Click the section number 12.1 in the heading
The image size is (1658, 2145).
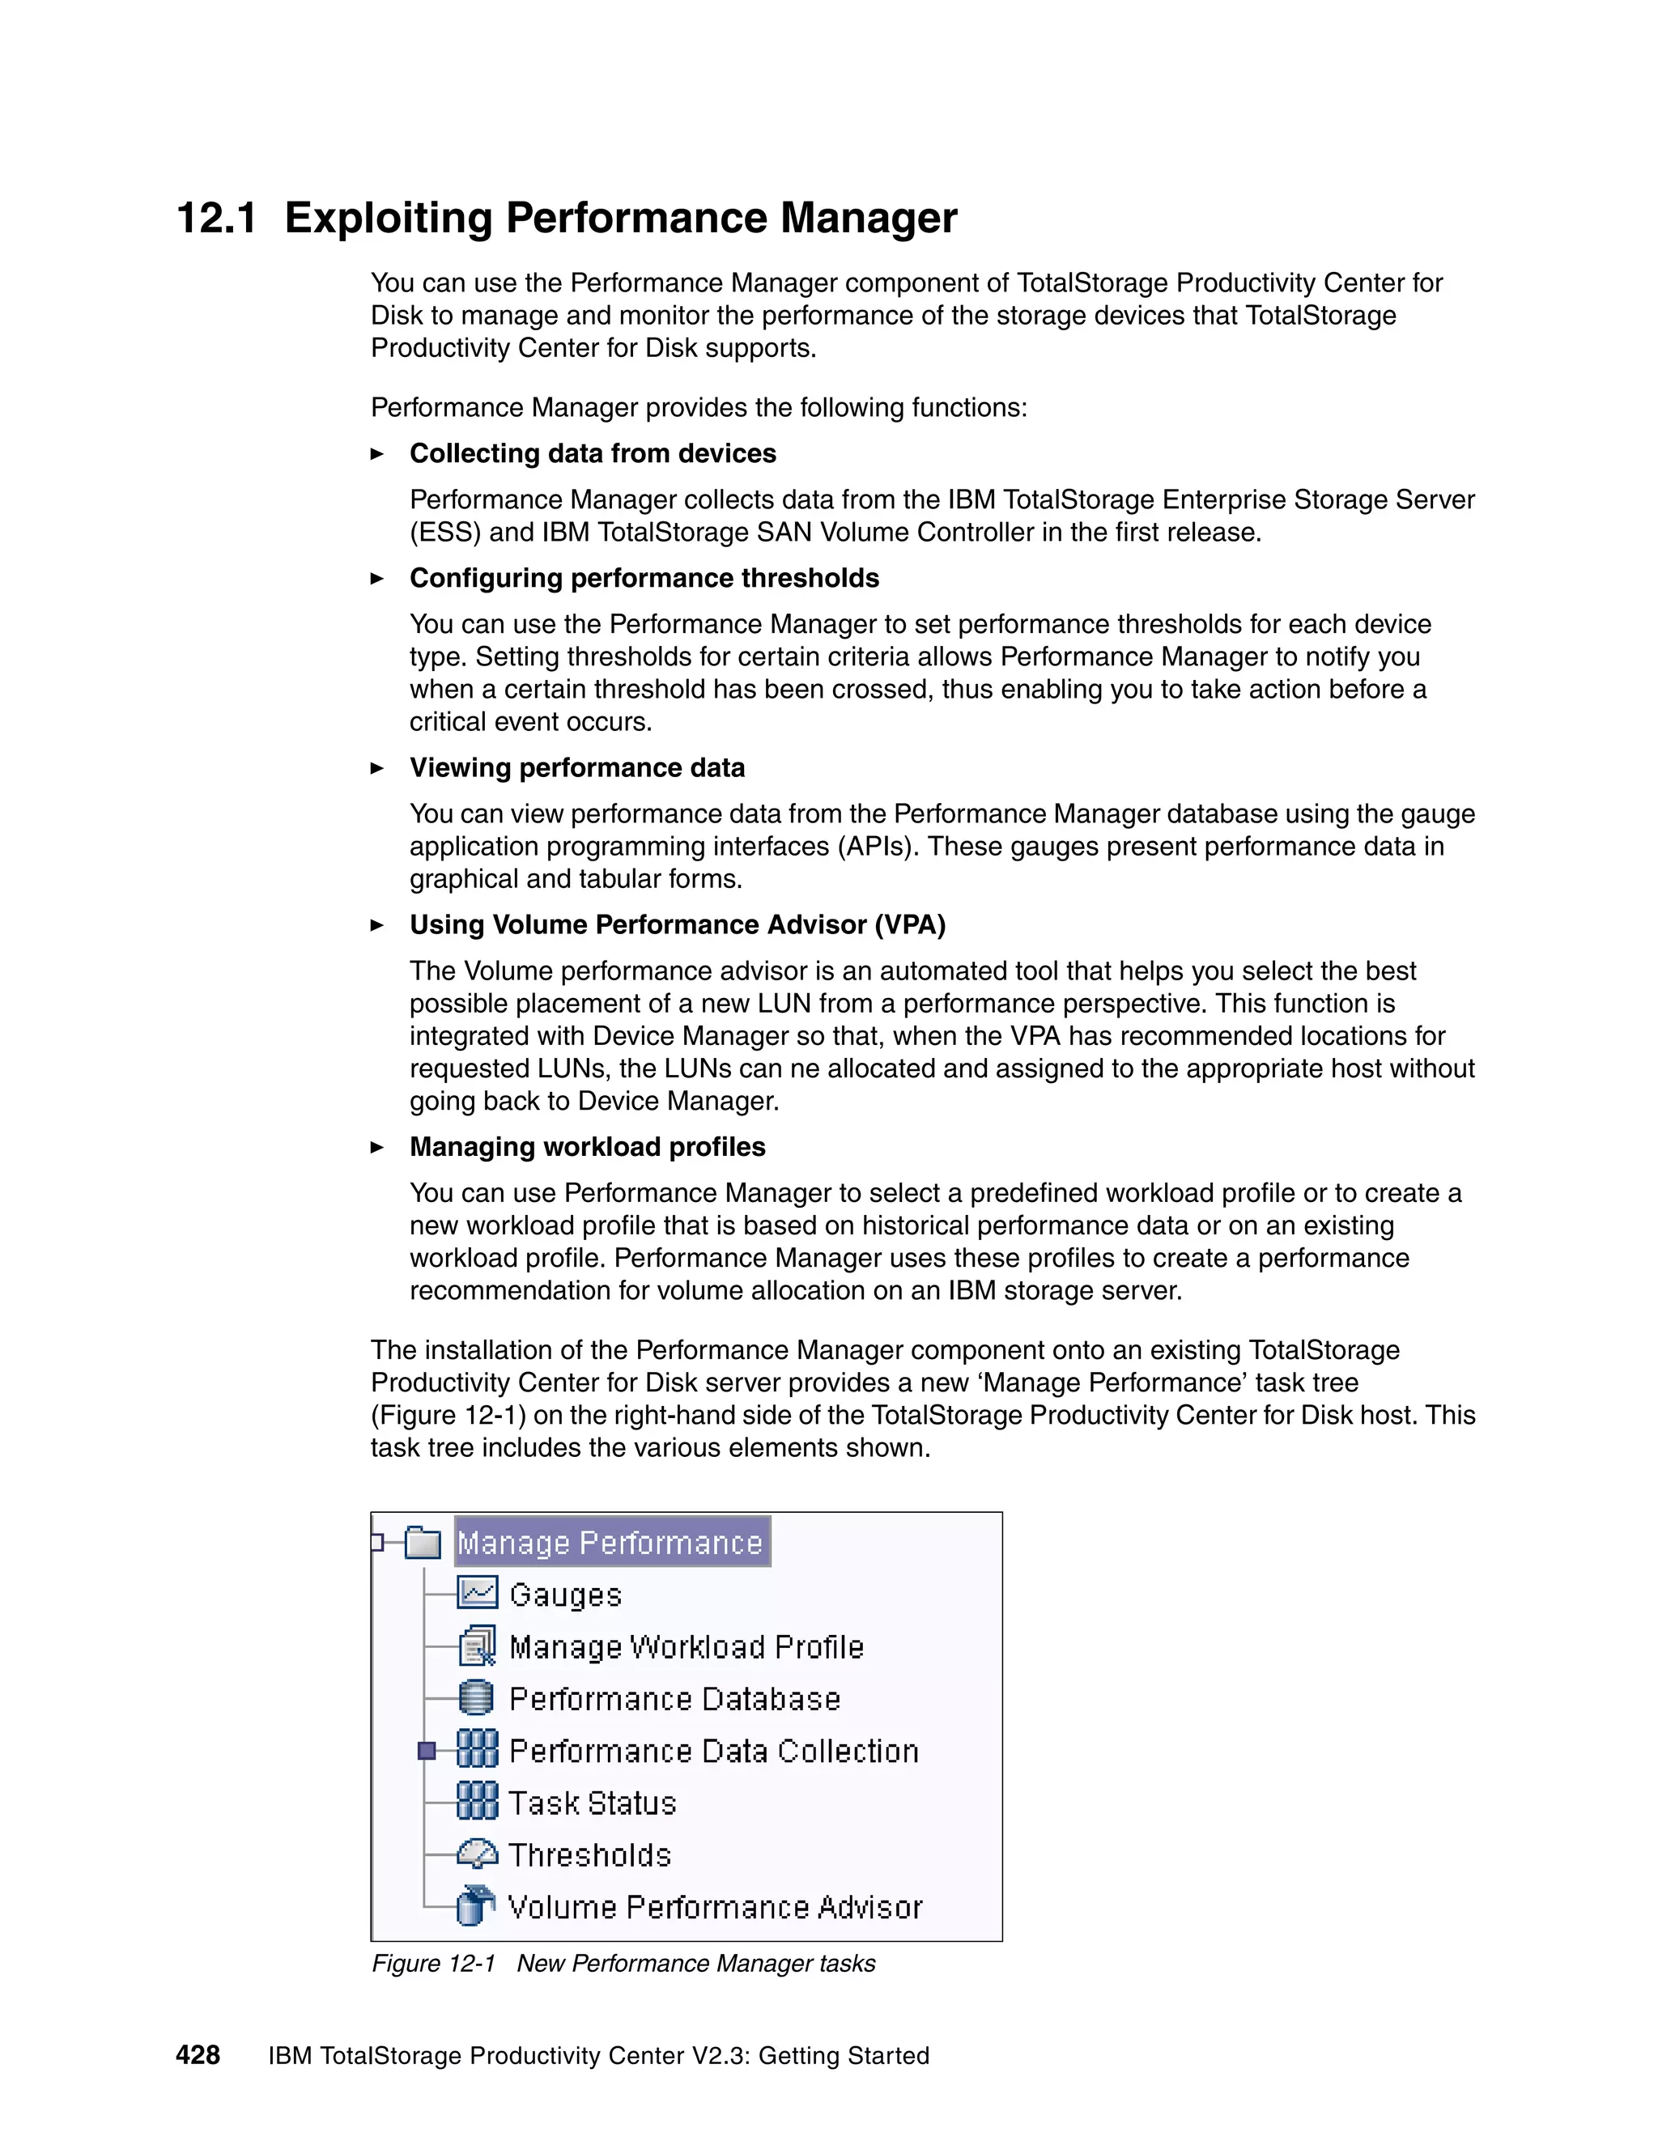click(216, 218)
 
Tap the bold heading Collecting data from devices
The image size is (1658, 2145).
click(593, 454)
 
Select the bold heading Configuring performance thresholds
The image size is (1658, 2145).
click(644, 579)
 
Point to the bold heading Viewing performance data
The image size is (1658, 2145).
click(576, 768)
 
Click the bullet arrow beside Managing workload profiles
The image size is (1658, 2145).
click(377, 1147)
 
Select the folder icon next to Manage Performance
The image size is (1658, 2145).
click(423, 1543)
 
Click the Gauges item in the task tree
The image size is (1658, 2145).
click(565, 1595)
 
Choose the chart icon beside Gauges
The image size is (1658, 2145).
click(478, 1593)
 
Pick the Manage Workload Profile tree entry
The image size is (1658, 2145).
click(686, 1647)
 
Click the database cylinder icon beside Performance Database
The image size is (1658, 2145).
click(476, 1698)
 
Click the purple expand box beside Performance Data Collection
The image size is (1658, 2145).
click(427, 1751)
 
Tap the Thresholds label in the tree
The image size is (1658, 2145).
click(589, 1855)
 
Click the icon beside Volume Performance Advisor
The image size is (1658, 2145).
click(476, 1906)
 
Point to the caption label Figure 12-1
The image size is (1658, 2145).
click(433, 1964)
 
